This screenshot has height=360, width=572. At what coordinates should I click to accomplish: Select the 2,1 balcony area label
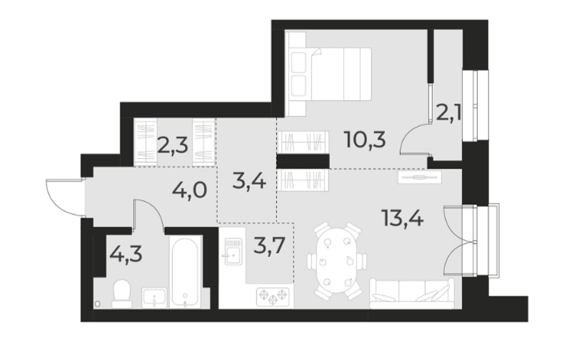click(448, 112)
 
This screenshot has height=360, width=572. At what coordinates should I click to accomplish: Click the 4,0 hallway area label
click(189, 191)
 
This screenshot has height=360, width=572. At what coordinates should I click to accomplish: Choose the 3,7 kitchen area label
click(269, 250)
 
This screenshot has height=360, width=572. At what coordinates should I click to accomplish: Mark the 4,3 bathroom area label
click(124, 254)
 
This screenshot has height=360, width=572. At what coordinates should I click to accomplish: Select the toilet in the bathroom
click(121, 293)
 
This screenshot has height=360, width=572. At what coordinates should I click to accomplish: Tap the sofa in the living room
click(412, 292)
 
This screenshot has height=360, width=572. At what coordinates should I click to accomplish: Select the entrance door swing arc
click(62, 193)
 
